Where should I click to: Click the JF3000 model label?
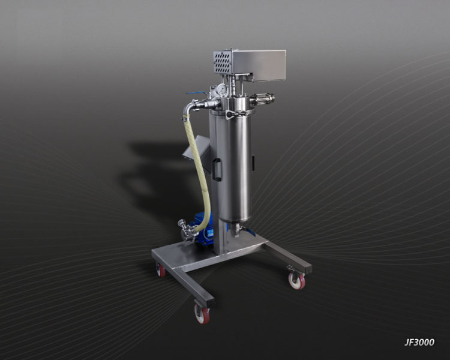pos(419,342)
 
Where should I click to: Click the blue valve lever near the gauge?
pos(197,94)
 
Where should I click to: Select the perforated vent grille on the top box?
pos(223,62)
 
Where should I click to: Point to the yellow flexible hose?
pos(198,172)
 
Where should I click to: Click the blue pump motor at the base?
pos(206,228)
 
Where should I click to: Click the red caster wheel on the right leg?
pos(297,280)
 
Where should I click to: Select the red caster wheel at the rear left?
pos(161,269)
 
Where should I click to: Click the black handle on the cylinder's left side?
pos(217,170)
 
